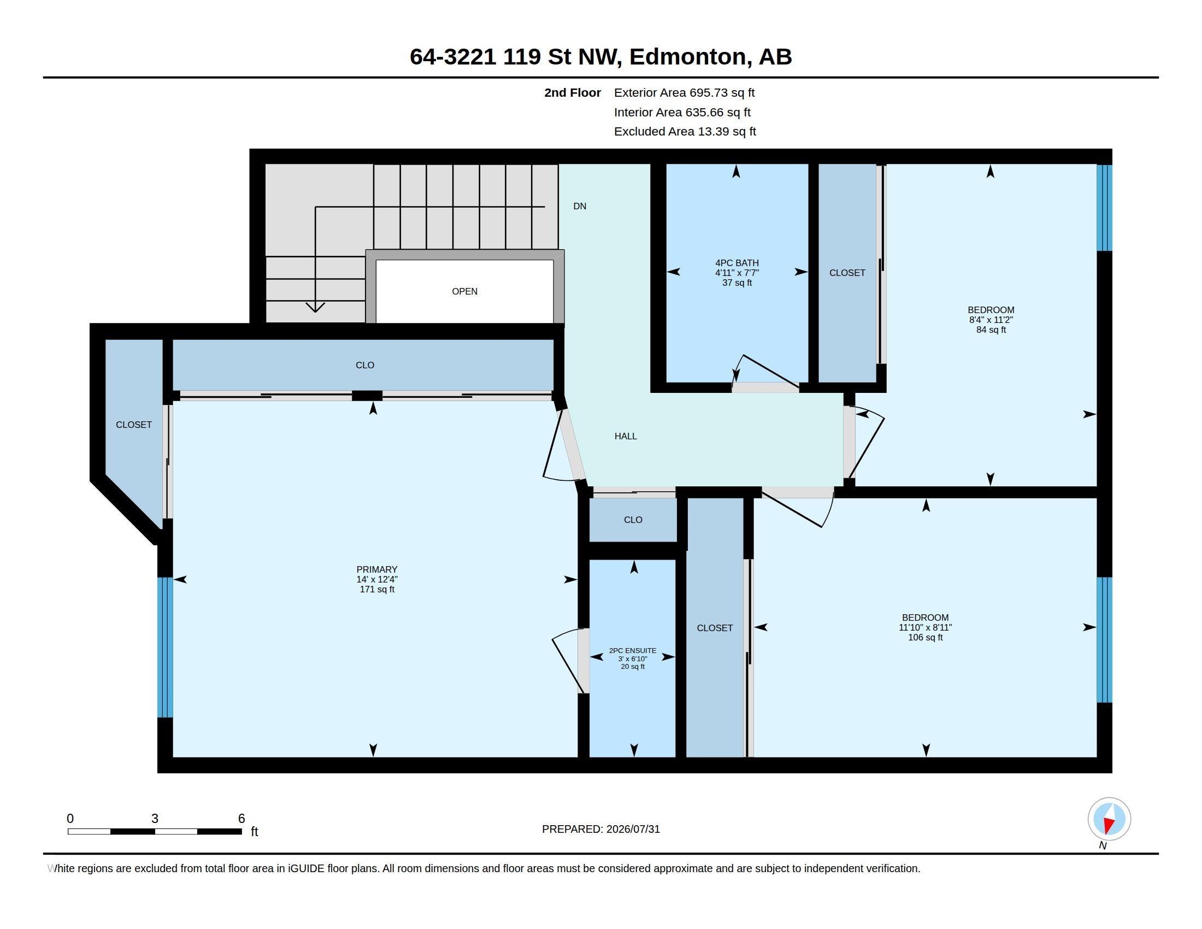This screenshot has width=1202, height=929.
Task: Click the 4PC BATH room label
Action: pyautogui.click(x=737, y=263)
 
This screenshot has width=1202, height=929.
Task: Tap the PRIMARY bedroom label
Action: pyautogui.click(x=377, y=569)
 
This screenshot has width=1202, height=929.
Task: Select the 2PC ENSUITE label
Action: pyautogui.click(x=632, y=650)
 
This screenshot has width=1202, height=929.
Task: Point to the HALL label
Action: pyautogui.click(x=626, y=437)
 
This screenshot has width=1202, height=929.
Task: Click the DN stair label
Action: pyautogui.click(x=580, y=207)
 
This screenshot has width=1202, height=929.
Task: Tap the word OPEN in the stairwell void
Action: pyautogui.click(x=464, y=292)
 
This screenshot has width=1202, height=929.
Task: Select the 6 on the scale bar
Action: pyautogui.click(x=241, y=819)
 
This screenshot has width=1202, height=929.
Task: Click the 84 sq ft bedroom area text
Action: pyautogui.click(x=991, y=330)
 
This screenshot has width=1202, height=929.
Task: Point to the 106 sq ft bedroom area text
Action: pyautogui.click(x=925, y=638)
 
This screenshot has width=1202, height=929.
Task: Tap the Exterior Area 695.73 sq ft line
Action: pyautogui.click(x=684, y=93)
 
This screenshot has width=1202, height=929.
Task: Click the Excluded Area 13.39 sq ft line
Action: pyautogui.click(x=685, y=132)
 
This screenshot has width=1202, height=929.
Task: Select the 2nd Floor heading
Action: pyautogui.click(x=573, y=93)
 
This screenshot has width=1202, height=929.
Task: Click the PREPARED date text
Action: pyautogui.click(x=601, y=830)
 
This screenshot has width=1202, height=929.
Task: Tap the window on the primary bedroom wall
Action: pyautogui.click(x=165, y=647)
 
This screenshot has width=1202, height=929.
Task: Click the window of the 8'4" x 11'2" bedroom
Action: pyautogui.click(x=1104, y=208)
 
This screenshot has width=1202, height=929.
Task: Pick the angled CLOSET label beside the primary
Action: pyautogui.click(x=134, y=425)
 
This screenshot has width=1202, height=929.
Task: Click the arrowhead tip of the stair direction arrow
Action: pyautogui.click(x=315, y=312)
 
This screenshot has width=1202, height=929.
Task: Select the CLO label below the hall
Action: pyautogui.click(x=633, y=520)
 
